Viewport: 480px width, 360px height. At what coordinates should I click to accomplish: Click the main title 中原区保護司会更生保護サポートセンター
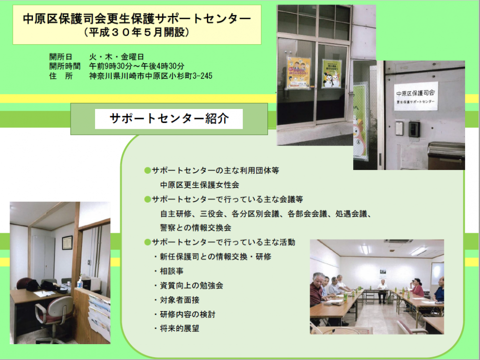coord(137,19)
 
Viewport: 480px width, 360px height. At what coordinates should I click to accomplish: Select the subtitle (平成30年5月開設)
coord(137,32)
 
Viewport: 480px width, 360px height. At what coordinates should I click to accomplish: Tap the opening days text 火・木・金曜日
coord(116,57)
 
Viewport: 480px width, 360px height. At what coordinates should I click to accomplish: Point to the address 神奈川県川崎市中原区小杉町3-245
coord(151,76)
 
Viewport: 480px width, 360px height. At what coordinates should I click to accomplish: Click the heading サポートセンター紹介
coord(169,119)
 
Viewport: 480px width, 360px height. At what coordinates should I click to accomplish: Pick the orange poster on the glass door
coord(298,73)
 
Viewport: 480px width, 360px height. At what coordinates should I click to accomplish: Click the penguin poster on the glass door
coord(332,73)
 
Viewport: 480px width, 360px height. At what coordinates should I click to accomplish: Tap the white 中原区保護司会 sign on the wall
coord(416,96)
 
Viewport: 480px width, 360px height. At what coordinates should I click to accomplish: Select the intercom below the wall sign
coord(414,129)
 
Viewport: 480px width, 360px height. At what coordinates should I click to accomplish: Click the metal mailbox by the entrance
coord(446,156)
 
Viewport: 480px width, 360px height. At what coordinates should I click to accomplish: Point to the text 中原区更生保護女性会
coord(200,185)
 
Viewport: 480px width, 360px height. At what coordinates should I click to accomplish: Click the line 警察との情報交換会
coord(196,228)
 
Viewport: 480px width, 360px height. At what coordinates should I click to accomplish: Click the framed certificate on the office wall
coord(67,242)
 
